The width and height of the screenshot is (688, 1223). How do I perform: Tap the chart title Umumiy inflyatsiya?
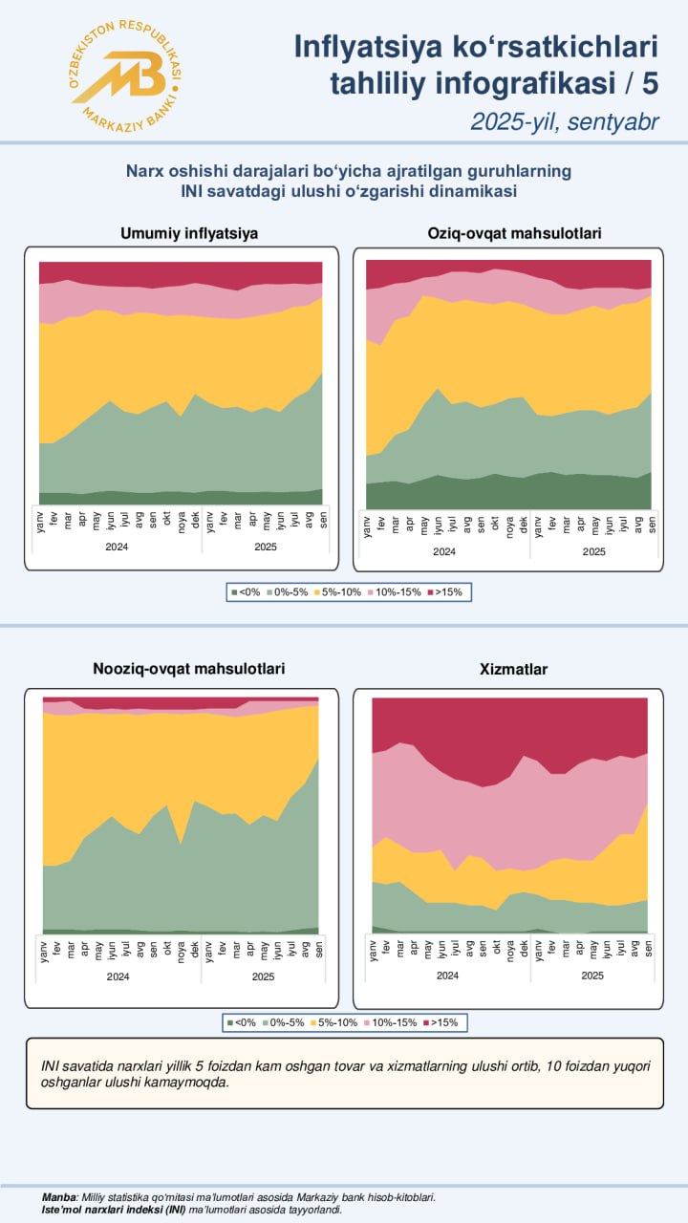click(189, 233)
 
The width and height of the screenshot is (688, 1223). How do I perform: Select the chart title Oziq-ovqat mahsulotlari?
click(514, 233)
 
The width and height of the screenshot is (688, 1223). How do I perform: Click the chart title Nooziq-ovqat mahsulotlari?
click(189, 669)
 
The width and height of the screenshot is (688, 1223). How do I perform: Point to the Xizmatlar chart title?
click(514, 670)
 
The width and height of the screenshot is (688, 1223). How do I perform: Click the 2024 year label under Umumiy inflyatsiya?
click(118, 547)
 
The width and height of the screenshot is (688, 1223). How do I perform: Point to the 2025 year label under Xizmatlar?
click(592, 976)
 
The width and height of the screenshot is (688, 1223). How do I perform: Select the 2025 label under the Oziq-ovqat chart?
click(593, 551)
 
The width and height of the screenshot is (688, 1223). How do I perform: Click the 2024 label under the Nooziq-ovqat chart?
click(118, 976)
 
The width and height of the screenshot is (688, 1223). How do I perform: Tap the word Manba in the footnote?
click(59, 1197)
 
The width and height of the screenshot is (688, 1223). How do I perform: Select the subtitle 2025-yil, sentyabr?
click(564, 121)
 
